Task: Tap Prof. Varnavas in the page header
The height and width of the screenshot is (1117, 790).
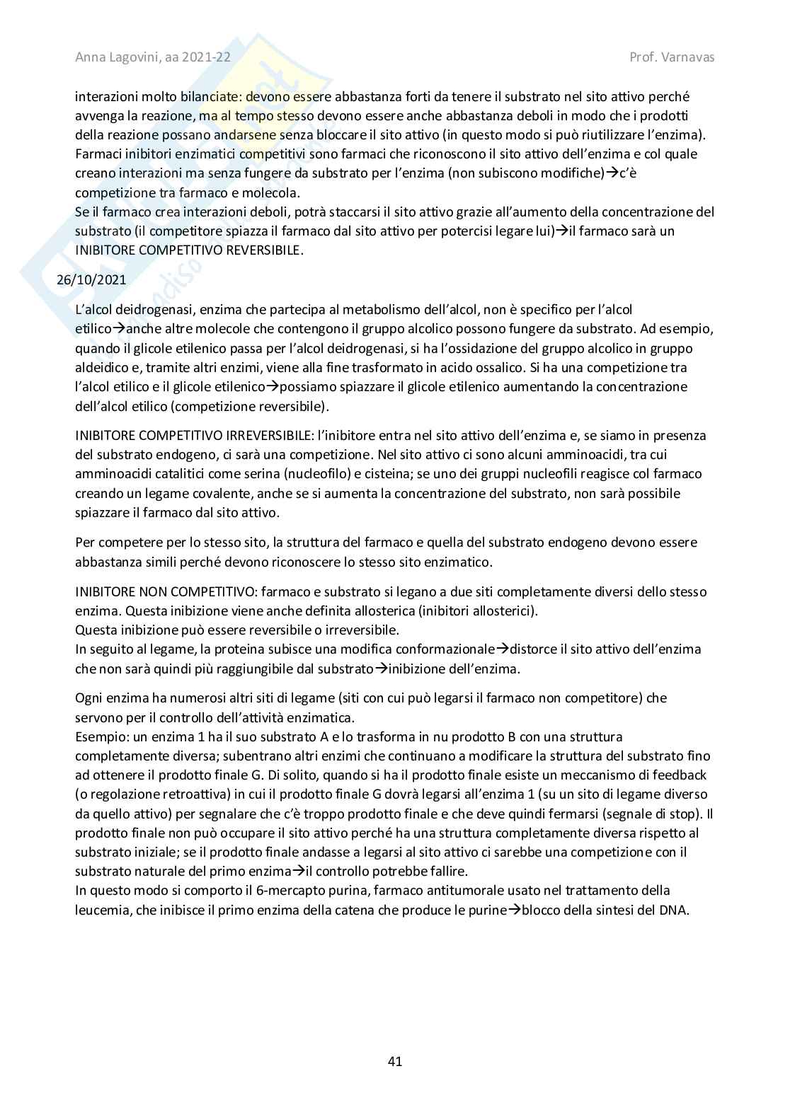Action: pyautogui.click(x=672, y=57)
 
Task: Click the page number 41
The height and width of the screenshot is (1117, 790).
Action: pyautogui.click(x=395, y=1061)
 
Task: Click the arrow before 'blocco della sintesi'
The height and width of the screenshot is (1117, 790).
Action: pyautogui.click(x=515, y=910)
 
